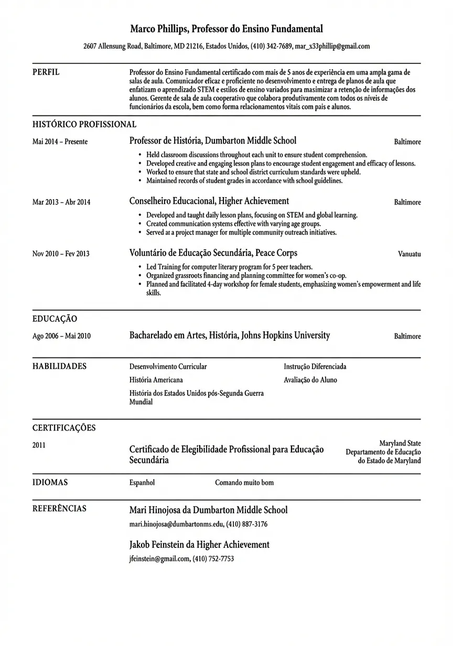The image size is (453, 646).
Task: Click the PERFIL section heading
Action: pos(46,72)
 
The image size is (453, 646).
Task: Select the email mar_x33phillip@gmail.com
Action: pos(332,46)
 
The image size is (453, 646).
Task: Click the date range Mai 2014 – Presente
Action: pos(60,142)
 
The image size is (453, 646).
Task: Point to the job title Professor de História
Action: pos(165,141)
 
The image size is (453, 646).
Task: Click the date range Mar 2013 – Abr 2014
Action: pos(61,202)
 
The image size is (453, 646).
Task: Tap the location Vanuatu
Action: pos(409,254)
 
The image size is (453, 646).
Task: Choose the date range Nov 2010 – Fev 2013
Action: pos(61,254)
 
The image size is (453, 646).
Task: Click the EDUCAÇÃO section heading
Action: pos(55,319)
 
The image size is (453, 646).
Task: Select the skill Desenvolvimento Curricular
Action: pos(168,367)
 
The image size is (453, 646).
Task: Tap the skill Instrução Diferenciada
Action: pos(315,367)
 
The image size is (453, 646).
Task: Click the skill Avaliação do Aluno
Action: pos(310,380)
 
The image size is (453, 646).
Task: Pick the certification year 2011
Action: pos(39,445)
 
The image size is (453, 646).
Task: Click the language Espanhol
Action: pos(142,482)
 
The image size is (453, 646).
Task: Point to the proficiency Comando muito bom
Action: pos(244,482)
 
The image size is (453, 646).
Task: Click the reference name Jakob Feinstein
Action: pos(161,545)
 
